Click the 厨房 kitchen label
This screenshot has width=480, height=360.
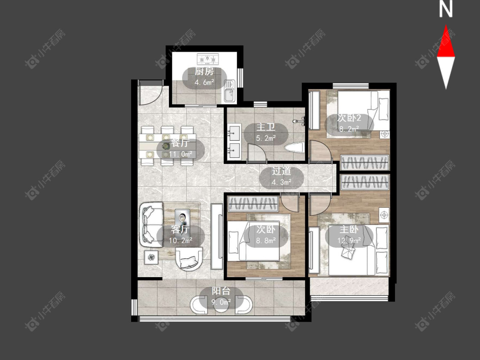pos(204,71)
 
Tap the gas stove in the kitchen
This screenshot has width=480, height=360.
pos(208,58)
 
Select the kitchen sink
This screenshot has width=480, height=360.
pos(229,90)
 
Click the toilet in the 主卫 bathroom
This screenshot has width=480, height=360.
pos(294,148)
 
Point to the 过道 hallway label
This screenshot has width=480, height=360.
pos(281,171)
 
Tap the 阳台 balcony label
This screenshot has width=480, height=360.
pos(221,291)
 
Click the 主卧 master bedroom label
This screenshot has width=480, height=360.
pos(349,229)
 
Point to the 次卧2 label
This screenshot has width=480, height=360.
pos(349,118)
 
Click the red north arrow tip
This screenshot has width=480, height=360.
pos(446,26)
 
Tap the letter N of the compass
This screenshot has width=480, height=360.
pos(446,9)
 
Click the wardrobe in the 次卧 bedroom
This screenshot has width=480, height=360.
pos(253,204)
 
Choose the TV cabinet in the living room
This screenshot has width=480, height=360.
pos(217,236)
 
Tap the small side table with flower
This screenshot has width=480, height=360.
pos(151,257)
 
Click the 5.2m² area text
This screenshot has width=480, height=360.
pos(266,138)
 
